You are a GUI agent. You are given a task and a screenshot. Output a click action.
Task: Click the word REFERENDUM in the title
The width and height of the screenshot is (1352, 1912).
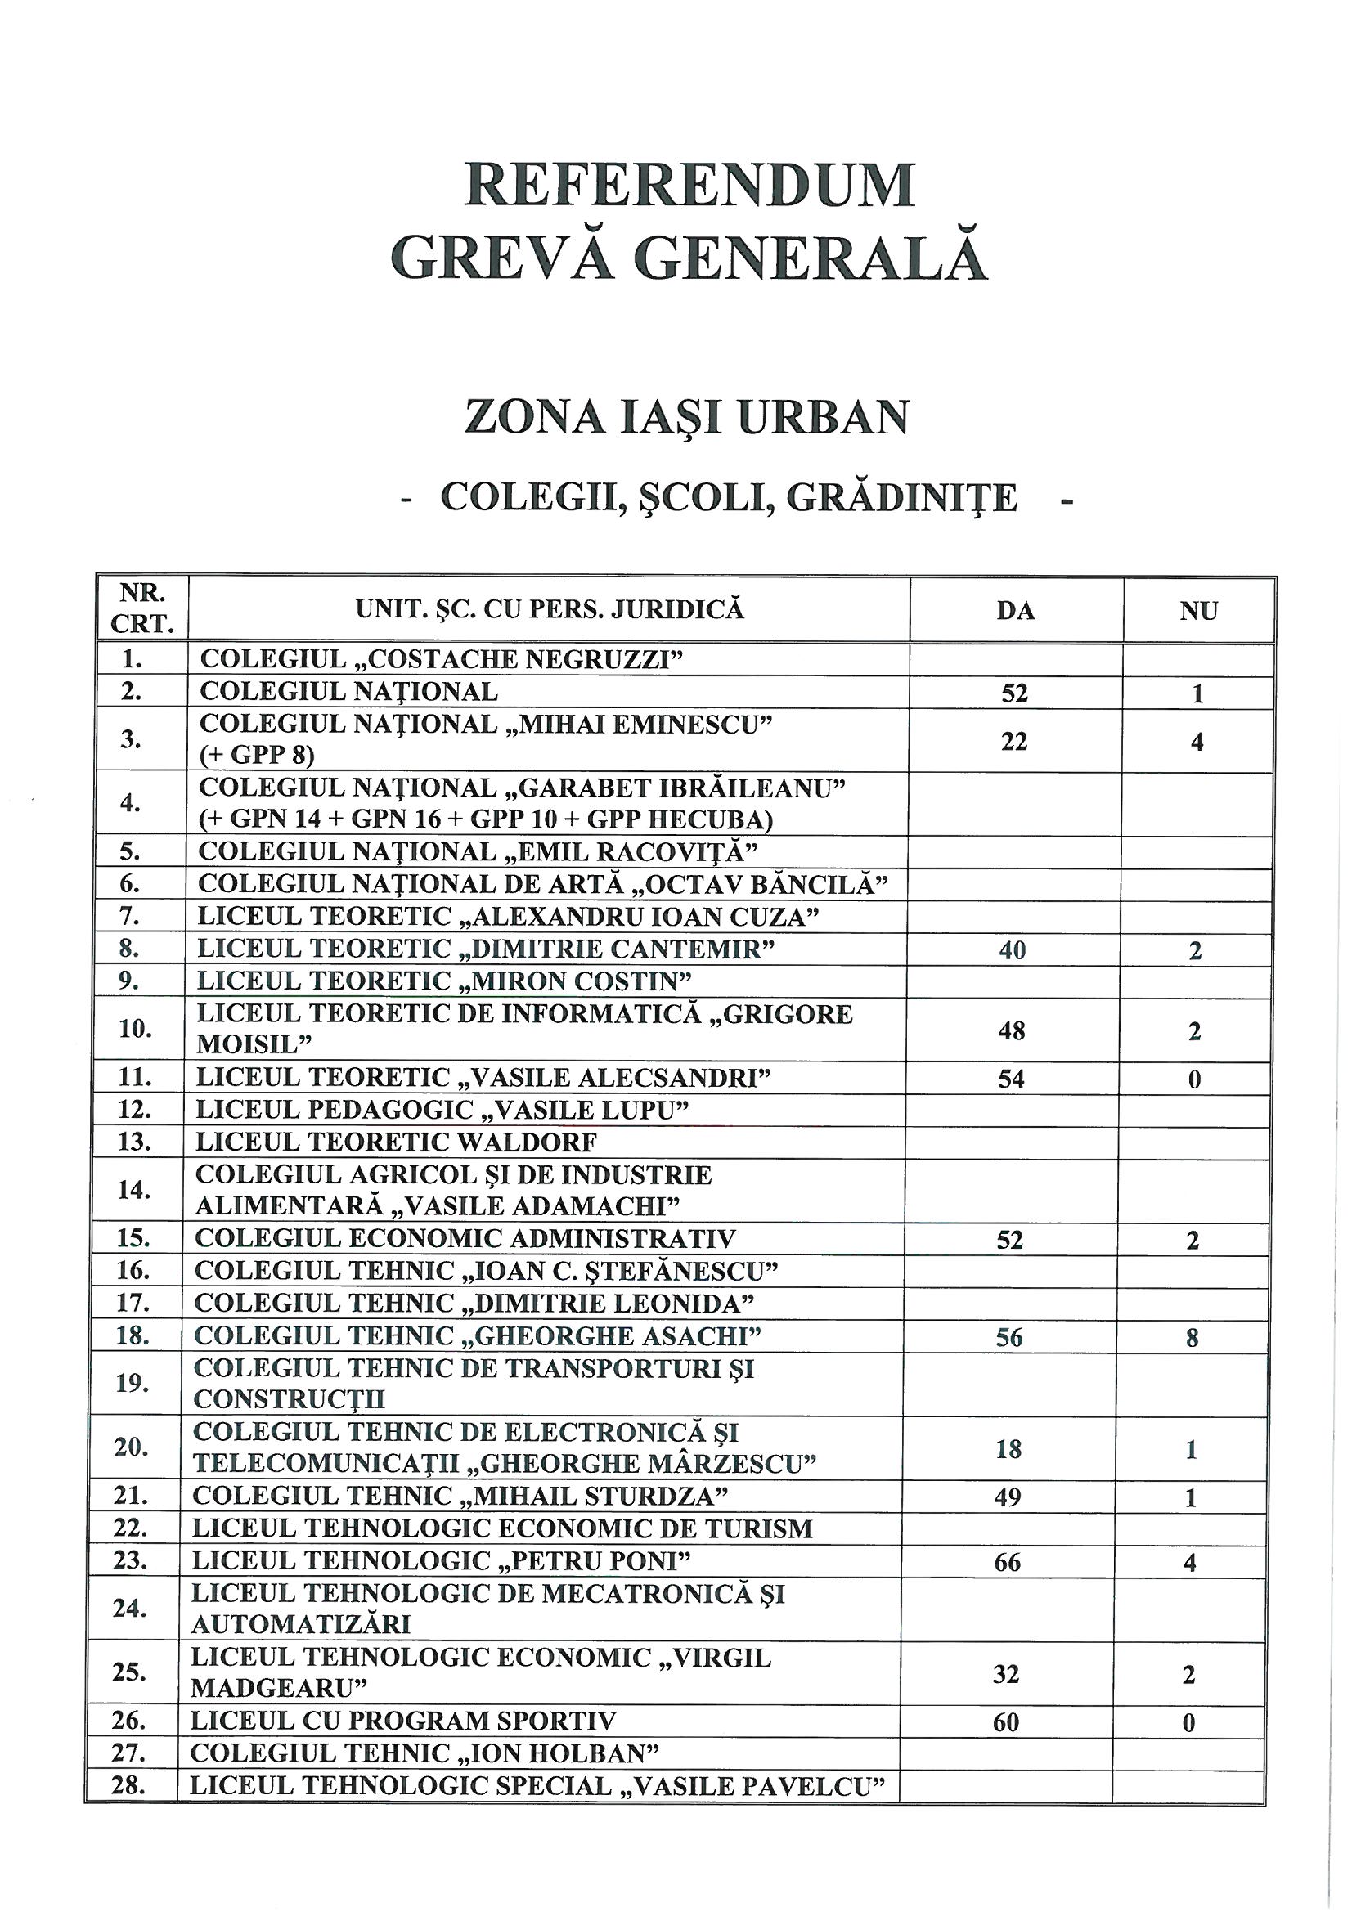[689, 185]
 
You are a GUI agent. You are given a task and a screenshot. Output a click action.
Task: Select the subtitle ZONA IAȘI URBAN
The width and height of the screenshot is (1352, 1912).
[686, 417]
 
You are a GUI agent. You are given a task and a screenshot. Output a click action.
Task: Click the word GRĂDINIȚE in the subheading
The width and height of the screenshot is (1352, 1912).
[901, 498]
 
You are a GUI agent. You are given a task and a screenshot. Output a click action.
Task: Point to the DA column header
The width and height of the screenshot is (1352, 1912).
[1016, 611]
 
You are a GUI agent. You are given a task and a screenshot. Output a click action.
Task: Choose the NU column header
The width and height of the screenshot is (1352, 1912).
[1199, 611]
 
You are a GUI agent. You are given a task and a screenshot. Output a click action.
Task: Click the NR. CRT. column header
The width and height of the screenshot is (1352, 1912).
[142, 608]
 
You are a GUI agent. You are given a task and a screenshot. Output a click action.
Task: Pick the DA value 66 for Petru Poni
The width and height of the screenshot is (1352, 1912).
[1007, 1562]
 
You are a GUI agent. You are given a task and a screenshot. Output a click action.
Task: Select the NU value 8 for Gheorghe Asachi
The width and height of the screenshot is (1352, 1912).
[1192, 1338]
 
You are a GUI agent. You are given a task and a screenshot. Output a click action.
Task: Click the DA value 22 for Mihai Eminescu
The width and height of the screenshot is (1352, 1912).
[1013, 741]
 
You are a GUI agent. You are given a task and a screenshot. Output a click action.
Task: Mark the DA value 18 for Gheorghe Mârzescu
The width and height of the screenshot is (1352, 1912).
[1008, 1450]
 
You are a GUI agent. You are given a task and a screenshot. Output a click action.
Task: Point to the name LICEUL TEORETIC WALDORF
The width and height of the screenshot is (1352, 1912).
[397, 1142]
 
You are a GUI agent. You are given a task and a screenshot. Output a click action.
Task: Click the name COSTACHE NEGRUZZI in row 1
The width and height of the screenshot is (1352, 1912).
[525, 658]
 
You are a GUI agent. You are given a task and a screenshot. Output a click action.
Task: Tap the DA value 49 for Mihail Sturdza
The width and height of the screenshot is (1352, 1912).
[1008, 1498]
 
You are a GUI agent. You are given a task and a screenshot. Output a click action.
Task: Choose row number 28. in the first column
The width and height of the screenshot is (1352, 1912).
[129, 1787]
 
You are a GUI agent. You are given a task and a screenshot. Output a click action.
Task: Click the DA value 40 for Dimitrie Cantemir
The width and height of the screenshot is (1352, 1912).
[1012, 950]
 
